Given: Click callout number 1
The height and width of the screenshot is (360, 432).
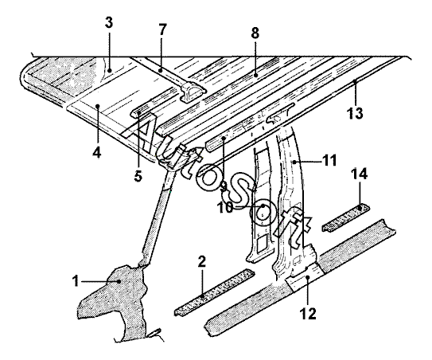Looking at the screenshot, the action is coord(76,282).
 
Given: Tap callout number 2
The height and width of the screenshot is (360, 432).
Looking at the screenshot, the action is coord(202,262).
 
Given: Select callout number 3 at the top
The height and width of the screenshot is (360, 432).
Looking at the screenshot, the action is coord(109,22).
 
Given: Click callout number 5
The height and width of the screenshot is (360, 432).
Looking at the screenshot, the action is coord(138,176).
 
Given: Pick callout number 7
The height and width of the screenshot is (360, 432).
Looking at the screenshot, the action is coord(162,29).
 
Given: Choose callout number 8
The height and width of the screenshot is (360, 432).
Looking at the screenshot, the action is coord(255,33).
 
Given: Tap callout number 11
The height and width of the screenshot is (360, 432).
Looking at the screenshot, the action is coord(329,161).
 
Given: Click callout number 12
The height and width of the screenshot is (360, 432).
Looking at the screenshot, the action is coord(308,314).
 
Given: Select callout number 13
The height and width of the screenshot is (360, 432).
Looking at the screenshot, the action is coord(355,113).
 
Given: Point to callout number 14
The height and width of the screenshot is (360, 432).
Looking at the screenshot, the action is coord(360,174).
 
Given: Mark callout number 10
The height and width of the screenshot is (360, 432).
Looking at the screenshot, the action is coord(225,207).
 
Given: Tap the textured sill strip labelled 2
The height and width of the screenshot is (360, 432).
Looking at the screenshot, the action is coord(214,292).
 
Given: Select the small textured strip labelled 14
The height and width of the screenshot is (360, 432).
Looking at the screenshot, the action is coord(346,218).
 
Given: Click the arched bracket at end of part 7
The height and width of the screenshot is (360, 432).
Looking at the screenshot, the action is coord(193,92).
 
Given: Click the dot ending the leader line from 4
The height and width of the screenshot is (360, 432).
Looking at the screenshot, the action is coord(97,105).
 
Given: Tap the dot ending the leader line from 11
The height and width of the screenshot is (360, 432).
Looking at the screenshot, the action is coord(294,162).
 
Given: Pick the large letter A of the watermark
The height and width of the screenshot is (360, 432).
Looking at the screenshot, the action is coord(141,132).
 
